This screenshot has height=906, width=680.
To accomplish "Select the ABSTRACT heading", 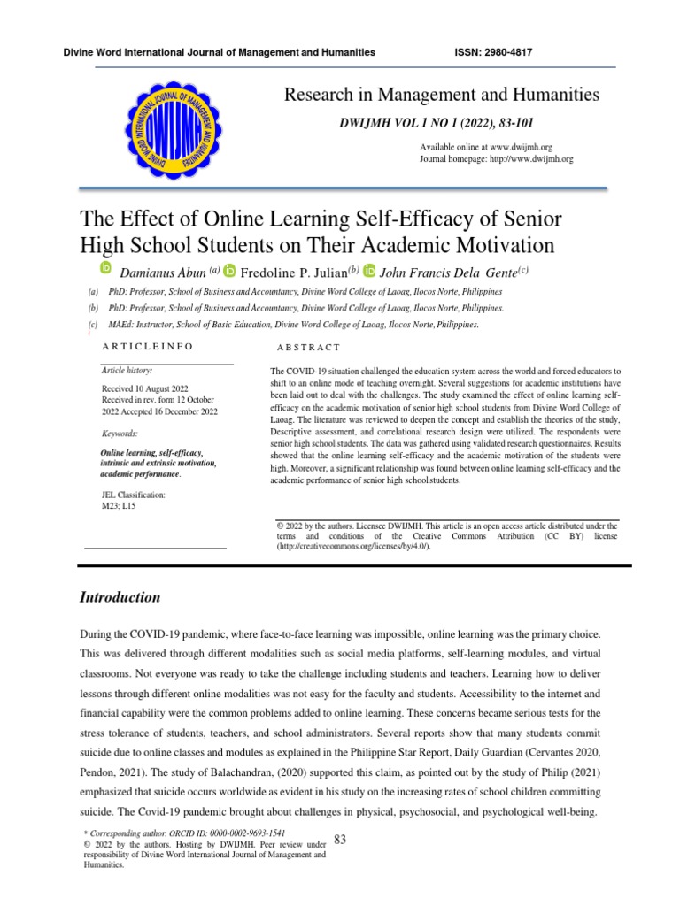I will (x=308, y=349).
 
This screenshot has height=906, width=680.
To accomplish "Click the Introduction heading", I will (x=120, y=597).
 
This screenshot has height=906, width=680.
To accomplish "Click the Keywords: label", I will (x=120, y=434).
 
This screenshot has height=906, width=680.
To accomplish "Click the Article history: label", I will (x=127, y=370).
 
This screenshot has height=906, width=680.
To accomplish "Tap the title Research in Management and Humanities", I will (x=441, y=94).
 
